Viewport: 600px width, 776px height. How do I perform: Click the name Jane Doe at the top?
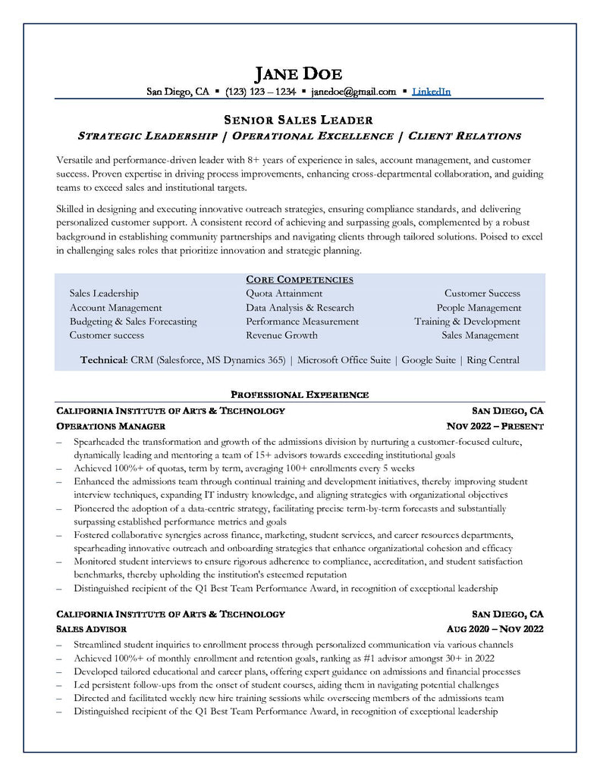298,74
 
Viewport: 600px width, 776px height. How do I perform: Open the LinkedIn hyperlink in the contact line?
431,92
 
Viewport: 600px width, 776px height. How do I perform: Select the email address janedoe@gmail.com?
353,92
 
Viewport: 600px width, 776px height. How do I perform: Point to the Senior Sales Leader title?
299,120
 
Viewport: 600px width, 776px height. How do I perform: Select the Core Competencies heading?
300,280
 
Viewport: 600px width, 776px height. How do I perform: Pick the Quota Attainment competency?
284,293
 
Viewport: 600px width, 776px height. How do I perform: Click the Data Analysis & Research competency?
300,308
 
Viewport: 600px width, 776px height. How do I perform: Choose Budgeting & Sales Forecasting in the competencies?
133,321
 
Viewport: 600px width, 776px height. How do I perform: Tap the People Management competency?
479,308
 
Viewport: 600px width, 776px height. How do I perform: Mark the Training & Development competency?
467,321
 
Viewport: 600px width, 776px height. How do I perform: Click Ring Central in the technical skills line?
493,360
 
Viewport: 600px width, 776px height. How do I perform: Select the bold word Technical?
103,360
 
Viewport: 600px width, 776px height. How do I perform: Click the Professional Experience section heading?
300,395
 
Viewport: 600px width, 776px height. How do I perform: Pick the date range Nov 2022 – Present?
495,427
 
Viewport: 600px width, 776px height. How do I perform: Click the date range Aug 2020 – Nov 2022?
495,629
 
